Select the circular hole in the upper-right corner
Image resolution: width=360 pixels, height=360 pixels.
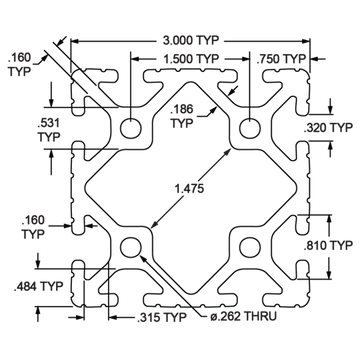point(246,129)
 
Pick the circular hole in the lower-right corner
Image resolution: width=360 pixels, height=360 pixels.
point(246,245)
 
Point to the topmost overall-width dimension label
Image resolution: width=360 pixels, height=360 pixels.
point(189,41)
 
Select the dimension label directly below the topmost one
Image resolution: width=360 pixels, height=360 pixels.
point(189,57)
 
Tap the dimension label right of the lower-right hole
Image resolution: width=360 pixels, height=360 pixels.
point(327,243)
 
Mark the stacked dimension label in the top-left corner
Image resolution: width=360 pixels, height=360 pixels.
point(18,62)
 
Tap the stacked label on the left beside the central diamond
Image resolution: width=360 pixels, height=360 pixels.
point(34,227)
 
